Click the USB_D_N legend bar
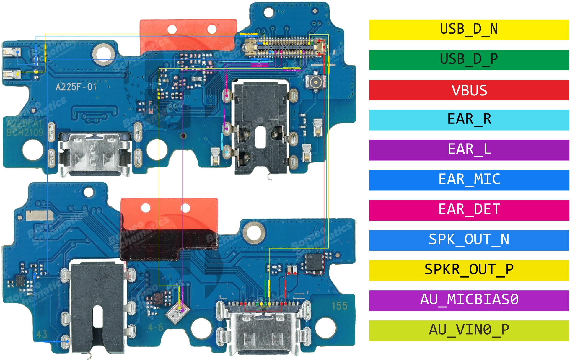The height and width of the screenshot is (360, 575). [469, 30]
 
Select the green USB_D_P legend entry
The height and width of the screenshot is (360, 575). [469, 60]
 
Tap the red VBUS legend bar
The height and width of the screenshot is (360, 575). [469, 90]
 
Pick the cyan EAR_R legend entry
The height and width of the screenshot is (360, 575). [469, 120]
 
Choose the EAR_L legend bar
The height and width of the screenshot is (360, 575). [469, 150]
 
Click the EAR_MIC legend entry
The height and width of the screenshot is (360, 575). [469, 180]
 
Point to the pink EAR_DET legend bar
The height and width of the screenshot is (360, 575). [469, 210]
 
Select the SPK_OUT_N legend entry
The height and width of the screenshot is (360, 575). [469, 240]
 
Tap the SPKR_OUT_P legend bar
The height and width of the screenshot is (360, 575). [469, 271]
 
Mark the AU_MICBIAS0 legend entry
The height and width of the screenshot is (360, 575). [469, 301]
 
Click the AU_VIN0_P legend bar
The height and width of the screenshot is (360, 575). [469, 331]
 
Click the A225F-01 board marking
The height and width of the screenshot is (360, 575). [76, 87]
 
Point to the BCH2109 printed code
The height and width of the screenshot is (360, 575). [25, 133]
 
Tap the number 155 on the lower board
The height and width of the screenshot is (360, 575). [339, 306]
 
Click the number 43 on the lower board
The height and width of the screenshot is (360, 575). [42, 334]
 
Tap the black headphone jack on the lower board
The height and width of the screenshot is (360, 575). [97, 307]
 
